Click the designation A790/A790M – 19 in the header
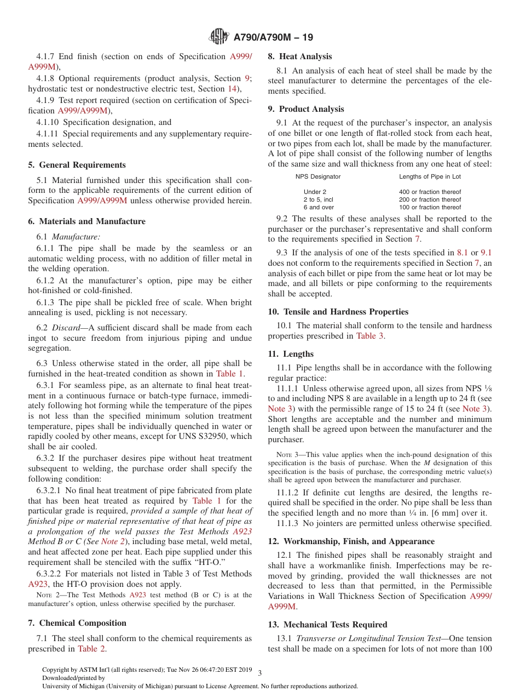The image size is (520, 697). click(x=273, y=37)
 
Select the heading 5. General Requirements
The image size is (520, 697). click(x=77, y=165)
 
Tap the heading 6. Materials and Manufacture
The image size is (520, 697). click(x=86, y=221)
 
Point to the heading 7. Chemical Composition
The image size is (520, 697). click(x=77, y=623)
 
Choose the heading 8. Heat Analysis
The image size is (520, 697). click(x=299, y=56)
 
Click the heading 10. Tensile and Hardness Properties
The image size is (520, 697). click(x=338, y=312)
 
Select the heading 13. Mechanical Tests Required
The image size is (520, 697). click(x=327, y=625)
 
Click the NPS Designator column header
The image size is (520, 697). click(x=318, y=176)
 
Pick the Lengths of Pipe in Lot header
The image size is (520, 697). click(x=430, y=176)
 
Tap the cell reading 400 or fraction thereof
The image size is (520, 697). click(x=430, y=192)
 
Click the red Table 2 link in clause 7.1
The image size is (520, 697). click(x=91, y=649)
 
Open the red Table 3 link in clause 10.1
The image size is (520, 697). click(x=369, y=336)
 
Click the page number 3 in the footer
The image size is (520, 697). click(x=259, y=673)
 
